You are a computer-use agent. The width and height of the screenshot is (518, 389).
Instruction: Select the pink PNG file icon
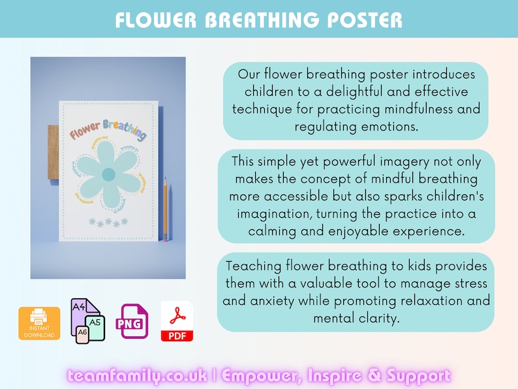click(131, 322)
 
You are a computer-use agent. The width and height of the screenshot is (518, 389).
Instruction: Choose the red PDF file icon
click(177, 322)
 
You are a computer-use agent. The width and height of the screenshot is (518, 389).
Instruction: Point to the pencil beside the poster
click(165, 209)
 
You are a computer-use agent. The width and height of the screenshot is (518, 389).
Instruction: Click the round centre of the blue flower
click(109, 174)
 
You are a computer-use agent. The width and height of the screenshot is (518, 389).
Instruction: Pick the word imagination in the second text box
click(276, 213)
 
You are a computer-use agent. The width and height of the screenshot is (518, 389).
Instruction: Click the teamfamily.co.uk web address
click(137, 376)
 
